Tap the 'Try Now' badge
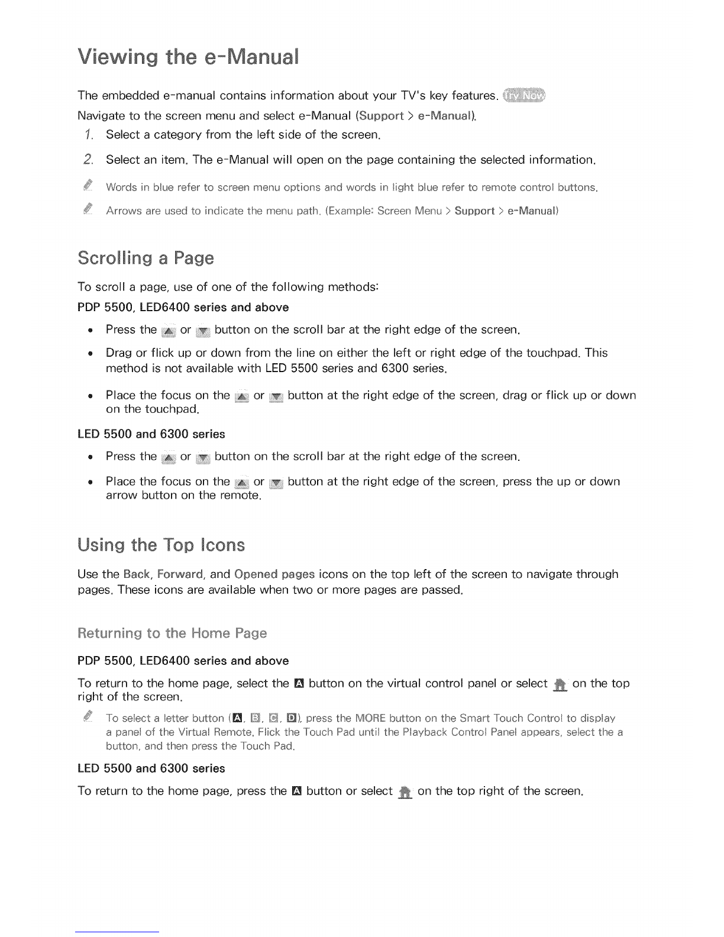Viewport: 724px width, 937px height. (525, 95)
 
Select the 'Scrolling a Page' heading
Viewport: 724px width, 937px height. (146, 259)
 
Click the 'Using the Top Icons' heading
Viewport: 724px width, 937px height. (161, 544)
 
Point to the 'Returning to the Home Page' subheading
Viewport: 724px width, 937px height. (172, 634)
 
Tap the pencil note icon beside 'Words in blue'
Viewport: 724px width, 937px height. (89, 187)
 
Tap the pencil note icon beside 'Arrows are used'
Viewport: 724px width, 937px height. (89, 209)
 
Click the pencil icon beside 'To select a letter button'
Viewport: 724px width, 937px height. (89, 717)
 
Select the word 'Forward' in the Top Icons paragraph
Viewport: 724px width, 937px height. (181, 574)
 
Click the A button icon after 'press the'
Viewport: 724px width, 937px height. (297, 791)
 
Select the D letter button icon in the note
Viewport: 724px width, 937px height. (292, 719)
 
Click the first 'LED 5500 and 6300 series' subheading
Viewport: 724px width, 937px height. (151, 434)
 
